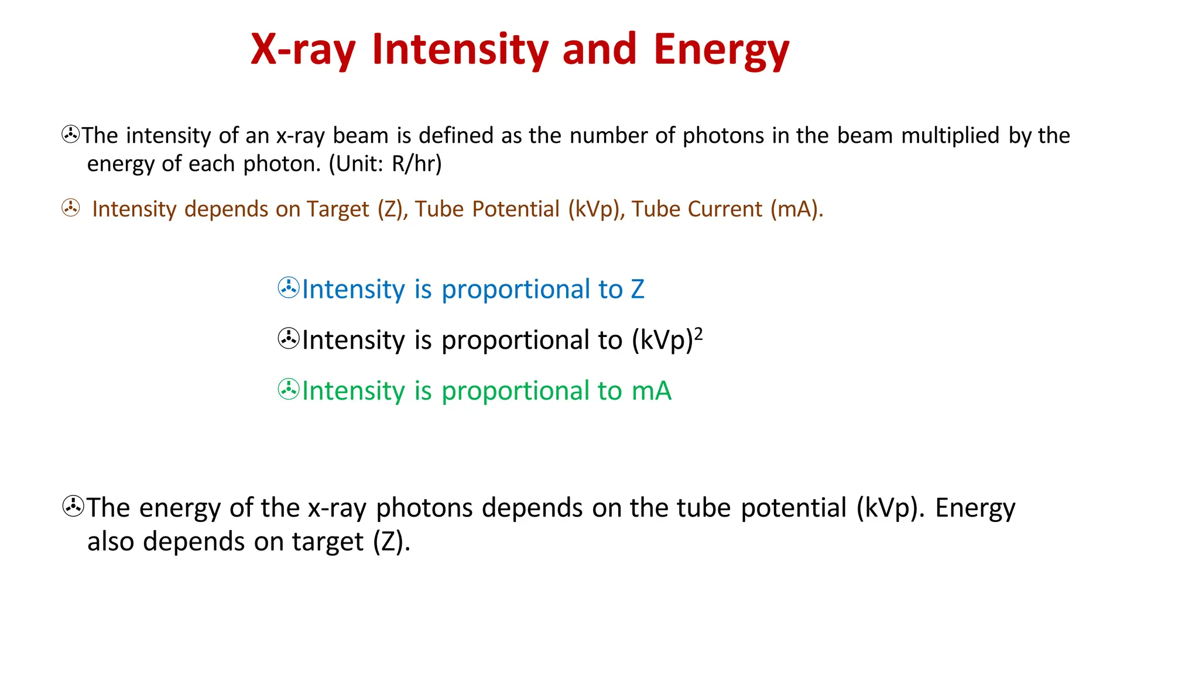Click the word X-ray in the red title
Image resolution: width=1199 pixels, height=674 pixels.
303,50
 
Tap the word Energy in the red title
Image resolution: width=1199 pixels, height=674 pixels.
721,50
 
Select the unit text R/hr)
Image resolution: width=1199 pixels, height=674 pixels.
416,164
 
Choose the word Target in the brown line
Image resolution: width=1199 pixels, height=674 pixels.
338,209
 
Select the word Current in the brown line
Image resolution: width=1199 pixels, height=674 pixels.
726,209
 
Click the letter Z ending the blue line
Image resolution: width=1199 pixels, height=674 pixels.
638,290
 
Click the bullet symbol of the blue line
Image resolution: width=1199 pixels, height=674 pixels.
289,288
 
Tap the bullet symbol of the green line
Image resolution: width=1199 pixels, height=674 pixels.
289,390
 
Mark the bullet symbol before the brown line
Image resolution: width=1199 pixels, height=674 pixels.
71,208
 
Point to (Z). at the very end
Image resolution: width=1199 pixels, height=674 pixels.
392,542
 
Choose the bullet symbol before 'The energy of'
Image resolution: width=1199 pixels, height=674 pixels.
73,507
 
